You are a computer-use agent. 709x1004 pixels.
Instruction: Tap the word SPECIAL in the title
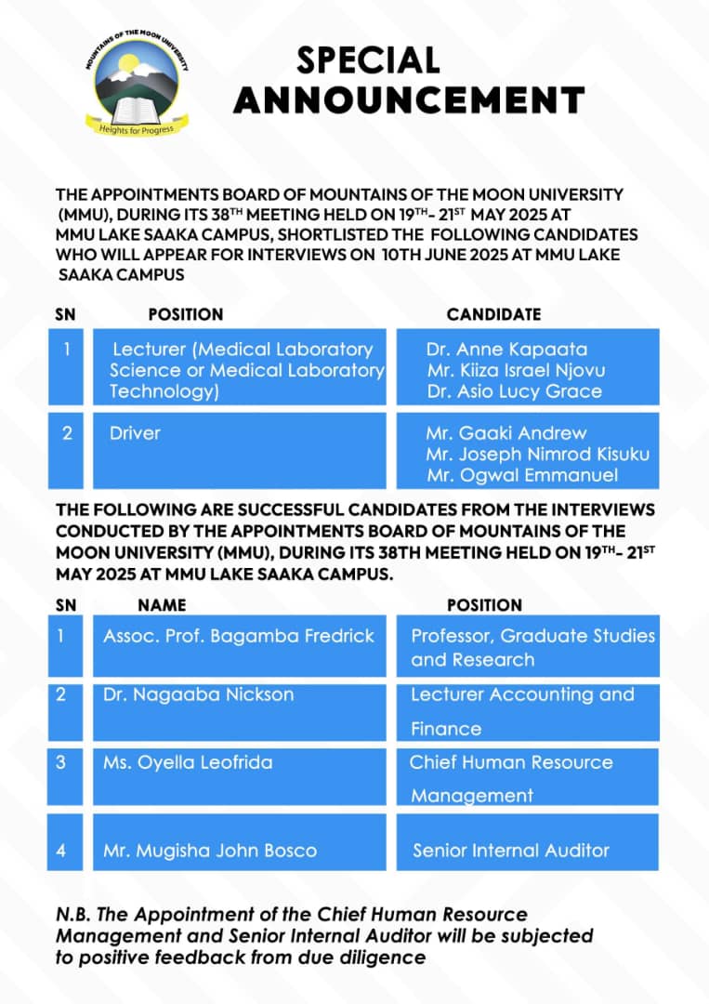pos(368,60)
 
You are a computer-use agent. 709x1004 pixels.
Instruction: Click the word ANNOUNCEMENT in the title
pos(409,99)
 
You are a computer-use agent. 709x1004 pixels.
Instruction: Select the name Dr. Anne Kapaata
pos(506,350)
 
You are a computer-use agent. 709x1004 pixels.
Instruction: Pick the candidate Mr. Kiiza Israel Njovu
pos(516,370)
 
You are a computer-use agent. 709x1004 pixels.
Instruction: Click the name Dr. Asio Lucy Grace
pos(514,391)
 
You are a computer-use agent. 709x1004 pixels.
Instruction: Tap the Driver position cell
pos(135,433)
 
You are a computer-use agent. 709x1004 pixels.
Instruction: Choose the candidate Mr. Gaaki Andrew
pos(506,433)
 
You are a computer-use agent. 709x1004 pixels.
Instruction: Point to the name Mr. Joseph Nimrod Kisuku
pos(537,455)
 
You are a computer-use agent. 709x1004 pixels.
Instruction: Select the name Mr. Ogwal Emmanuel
pos(509,476)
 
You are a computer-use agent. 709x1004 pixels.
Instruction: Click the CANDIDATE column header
pos(493,315)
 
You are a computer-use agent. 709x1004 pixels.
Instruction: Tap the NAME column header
pos(162,605)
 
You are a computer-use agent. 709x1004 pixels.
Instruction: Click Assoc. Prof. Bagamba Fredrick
pos(239,637)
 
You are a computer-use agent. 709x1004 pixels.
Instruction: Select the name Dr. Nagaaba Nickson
pos(198,694)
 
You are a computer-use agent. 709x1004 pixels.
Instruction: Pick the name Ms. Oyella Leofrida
pos(188,762)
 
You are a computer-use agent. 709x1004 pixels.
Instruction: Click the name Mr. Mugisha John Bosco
pos(210,851)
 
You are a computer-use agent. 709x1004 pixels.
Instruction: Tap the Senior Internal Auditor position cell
pos(511,850)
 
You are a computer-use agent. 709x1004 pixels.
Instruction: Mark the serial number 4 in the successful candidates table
pos(60,850)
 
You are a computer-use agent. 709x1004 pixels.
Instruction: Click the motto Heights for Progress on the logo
pos(137,128)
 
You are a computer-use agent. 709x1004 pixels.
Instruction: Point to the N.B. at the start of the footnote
pos(72,916)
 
